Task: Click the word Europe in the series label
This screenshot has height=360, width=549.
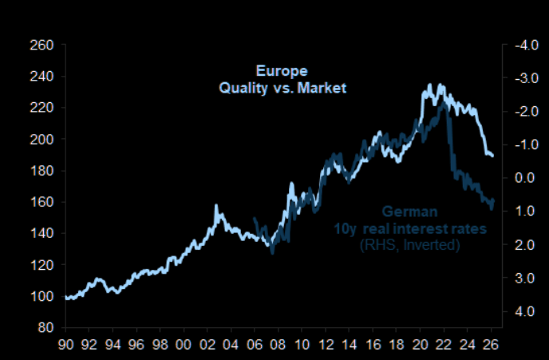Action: pyautogui.click(x=282, y=70)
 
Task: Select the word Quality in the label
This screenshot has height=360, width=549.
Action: pyautogui.click(x=246, y=88)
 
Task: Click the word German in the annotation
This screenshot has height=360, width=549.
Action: pyautogui.click(x=409, y=212)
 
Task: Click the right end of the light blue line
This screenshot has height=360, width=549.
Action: pyautogui.click(x=493, y=156)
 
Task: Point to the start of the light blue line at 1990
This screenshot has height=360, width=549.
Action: pyautogui.click(x=66, y=297)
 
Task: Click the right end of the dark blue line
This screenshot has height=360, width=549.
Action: pyautogui.click(x=493, y=200)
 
